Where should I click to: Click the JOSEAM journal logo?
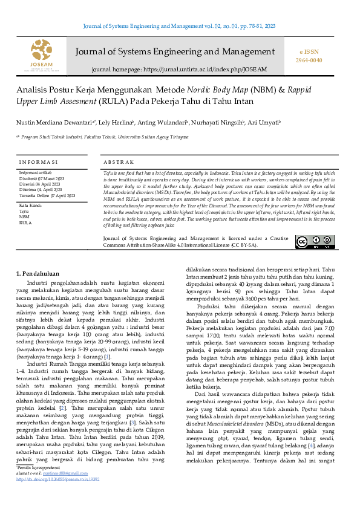point(41,54)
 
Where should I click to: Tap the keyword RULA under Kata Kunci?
point(25,223)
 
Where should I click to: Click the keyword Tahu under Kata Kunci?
point(25,212)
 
